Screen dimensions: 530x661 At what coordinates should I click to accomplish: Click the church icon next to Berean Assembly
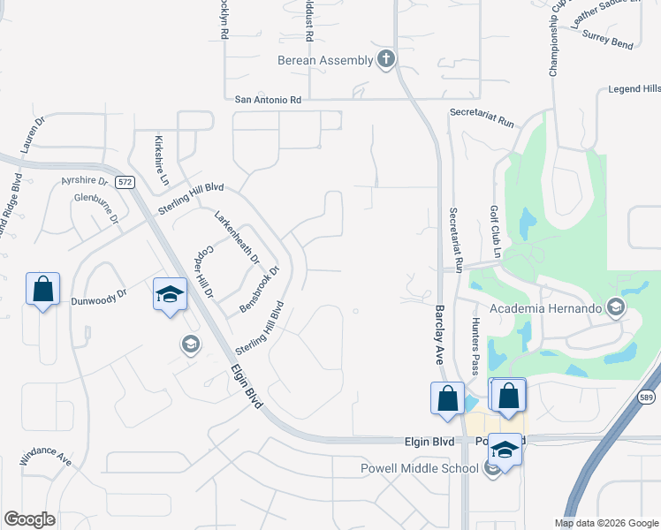[x=385, y=59]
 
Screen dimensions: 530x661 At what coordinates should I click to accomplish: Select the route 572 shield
[x=125, y=182]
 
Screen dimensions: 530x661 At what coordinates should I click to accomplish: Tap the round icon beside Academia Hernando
[x=616, y=307]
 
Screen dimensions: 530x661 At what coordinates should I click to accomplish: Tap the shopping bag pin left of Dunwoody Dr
[x=42, y=289]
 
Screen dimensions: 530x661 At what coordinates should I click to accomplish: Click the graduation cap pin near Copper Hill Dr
[x=170, y=294]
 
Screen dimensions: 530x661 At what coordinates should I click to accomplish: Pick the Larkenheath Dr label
[x=238, y=237]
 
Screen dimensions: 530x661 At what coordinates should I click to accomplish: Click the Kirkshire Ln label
[x=161, y=160]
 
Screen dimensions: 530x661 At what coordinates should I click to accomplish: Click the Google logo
[x=29, y=519]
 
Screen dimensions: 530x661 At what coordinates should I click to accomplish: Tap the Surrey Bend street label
[x=609, y=42]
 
